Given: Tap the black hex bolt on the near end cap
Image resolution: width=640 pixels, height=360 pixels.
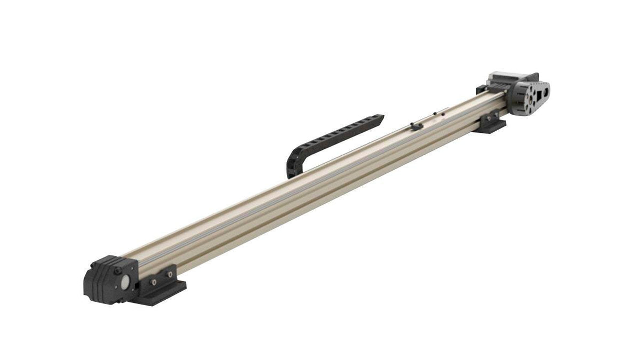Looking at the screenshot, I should (x=117, y=271).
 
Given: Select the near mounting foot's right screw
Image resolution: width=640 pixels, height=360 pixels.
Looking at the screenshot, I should (x=169, y=275).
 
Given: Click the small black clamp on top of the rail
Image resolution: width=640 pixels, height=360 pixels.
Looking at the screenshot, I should (x=417, y=126).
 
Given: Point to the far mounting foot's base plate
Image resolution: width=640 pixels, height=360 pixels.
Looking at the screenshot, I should (x=493, y=128).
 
